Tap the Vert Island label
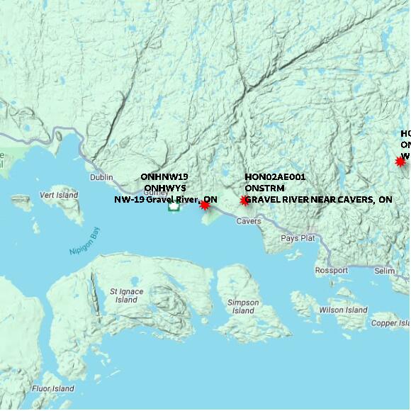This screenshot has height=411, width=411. (58, 195)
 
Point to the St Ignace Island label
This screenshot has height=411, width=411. (127, 295)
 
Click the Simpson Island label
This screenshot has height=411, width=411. (243, 306)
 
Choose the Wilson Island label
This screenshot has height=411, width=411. (343, 310)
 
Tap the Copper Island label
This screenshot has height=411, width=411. (390, 323)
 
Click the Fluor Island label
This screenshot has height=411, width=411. (52, 388)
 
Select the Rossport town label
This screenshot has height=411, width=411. (332, 271)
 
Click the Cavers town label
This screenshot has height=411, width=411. (249, 221)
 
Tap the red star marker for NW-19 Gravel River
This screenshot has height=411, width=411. (205, 205)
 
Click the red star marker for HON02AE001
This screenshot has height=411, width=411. (244, 201)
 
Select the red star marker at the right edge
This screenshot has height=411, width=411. (400, 162)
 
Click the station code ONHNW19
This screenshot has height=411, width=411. (164, 176)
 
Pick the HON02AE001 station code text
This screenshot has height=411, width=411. (275, 176)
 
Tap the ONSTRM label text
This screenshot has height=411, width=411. (263, 188)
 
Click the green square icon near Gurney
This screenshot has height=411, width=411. (173, 208)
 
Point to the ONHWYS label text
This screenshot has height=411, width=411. (164, 188)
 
